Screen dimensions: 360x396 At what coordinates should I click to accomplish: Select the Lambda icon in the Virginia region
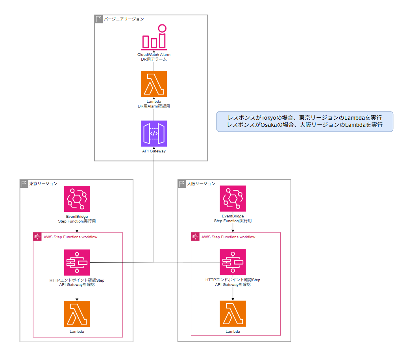point(154,84)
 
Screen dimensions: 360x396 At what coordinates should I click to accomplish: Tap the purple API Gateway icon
point(154,134)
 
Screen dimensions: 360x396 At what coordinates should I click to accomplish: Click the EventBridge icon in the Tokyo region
point(77,199)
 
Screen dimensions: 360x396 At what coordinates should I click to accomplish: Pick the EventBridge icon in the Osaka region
point(233,199)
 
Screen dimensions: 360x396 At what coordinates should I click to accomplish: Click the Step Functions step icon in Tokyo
point(77,262)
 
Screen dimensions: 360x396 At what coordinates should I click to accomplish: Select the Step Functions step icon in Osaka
point(233,262)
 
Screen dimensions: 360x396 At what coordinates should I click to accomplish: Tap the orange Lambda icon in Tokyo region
point(77,314)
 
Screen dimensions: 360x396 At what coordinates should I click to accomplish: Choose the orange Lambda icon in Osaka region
point(233,314)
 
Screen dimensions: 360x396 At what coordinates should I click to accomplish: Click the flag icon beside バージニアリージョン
point(99,19)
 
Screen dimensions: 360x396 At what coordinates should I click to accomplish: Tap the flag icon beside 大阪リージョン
point(182,184)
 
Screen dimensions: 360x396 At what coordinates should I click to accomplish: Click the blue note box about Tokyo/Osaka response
point(305,121)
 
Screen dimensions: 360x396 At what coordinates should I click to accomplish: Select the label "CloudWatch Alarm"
point(154,55)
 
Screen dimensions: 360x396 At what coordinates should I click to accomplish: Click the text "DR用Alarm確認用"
point(154,106)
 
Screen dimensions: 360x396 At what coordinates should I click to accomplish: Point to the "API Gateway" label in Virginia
point(154,151)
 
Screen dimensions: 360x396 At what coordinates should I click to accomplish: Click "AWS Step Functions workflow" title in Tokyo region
point(70,237)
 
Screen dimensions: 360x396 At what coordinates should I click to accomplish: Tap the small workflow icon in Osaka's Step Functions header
point(195,237)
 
